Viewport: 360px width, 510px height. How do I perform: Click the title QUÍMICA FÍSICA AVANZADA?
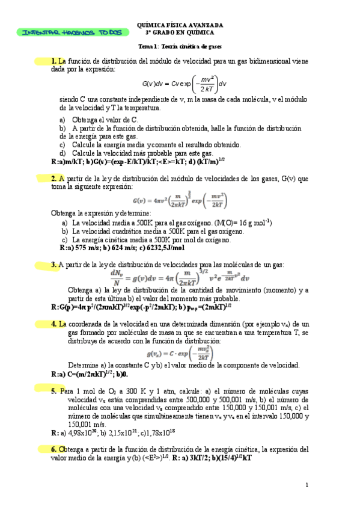pyautogui.click(x=180, y=25)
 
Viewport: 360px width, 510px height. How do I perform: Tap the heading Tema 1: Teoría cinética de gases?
pyautogui.click(x=180, y=46)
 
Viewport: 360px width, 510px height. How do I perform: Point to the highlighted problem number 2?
pyautogui.click(x=54, y=179)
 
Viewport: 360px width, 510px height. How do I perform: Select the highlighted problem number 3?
pyautogui.click(x=54, y=265)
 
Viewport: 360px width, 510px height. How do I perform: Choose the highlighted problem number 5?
pyautogui.click(x=54, y=391)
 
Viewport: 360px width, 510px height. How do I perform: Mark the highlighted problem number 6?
pyautogui.click(x=54, y=449)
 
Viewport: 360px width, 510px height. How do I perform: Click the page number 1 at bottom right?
pyautogui.click(x=307, y=485)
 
